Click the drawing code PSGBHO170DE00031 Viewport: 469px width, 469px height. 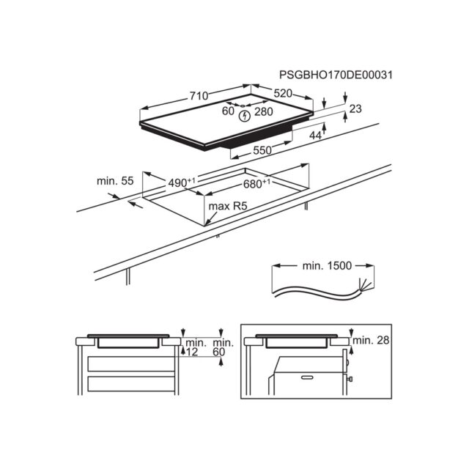coord(336,75)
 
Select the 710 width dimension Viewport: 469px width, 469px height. coord(199,96)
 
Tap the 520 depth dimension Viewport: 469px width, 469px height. coord(283,93)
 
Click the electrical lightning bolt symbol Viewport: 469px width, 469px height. coord(245,116)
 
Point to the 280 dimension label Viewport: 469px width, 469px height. coord(264,111)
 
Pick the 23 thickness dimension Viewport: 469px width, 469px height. coord(355,108)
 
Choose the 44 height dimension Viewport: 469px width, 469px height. coord(315,136)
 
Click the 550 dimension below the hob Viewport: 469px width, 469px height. coord(262,150)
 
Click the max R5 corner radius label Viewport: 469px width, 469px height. coord(228,206)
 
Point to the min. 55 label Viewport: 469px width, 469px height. coord(115,181)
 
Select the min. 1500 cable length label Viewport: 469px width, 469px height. coord(327,265)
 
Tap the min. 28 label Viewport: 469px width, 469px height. coord(372,340)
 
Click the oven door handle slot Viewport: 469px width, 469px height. coord(307,377)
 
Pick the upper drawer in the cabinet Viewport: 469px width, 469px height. coord(131,363)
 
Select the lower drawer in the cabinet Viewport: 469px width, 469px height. coord(131,384)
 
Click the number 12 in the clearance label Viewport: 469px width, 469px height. coord(192,352)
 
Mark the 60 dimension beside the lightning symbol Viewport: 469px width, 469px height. coord(228,111)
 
